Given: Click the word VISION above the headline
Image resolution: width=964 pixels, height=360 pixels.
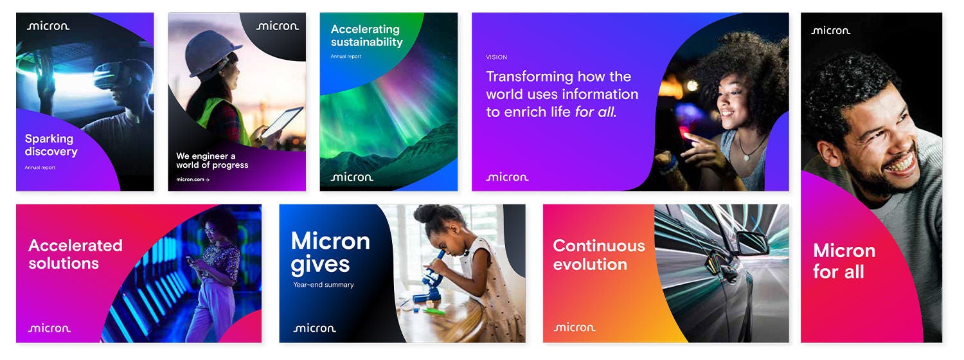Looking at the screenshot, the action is pos(496,57).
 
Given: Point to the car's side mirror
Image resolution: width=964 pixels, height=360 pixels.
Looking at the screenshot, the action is pos(752,242).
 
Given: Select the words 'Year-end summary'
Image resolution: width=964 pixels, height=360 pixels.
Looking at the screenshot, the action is pos(323,285).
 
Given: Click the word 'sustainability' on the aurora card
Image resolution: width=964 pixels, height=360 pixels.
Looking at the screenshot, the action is pos(367,42).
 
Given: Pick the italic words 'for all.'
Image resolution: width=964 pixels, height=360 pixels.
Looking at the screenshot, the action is pos(596,112).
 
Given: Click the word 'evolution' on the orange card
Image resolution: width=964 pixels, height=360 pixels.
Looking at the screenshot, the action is pos(590,264).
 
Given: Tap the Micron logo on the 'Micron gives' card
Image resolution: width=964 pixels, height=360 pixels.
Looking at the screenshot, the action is pos(315,328).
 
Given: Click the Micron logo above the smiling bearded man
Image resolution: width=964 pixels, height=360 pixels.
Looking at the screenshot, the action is pos(830,31).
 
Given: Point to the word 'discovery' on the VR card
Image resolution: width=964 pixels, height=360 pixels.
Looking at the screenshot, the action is pos(51,152).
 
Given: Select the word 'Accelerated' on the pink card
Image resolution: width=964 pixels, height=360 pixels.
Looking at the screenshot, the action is pos(75,246).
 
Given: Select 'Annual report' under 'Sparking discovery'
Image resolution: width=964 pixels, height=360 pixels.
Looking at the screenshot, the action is pos(40,168).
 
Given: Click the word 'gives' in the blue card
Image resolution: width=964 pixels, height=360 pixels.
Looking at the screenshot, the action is pos(320,265).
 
